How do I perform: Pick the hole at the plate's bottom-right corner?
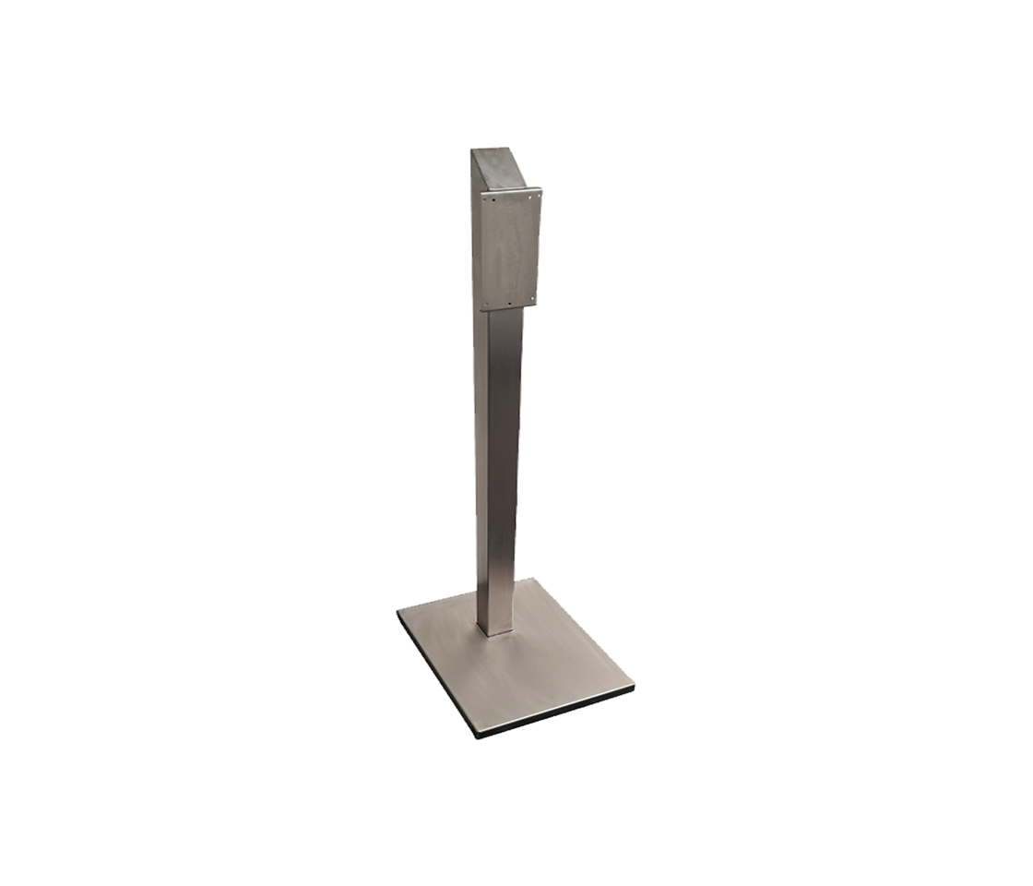(532, 300)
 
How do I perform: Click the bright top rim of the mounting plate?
(509, 191)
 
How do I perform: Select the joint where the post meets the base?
(496, 632)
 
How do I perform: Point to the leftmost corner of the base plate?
(398, 614)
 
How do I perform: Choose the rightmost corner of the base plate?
(635, 688)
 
